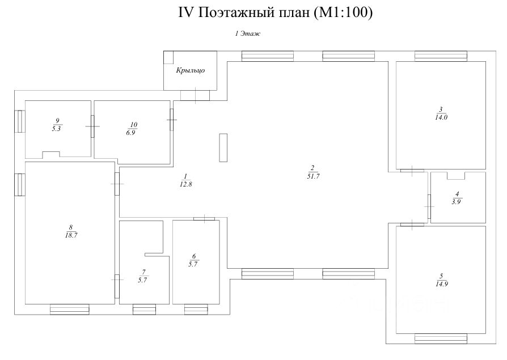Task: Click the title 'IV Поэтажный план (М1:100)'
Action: (x=276, y=14)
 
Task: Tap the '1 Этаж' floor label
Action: (x=247, y=34)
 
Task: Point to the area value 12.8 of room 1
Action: (x=185, y=184)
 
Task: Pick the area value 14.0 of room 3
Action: (x=441, y=117)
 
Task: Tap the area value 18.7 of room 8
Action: (x=71, y=235)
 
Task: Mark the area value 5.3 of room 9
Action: (x=56, y=129)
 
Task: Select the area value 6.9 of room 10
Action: (x=133, y=132)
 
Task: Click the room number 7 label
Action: (x=145, y=272)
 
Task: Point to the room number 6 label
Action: (x=195, y=256)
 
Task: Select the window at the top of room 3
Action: (x=441, y=56)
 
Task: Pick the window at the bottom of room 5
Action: (x=441, y=339)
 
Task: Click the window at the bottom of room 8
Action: (x=70, y=309)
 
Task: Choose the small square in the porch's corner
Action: (x=169, y=57)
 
